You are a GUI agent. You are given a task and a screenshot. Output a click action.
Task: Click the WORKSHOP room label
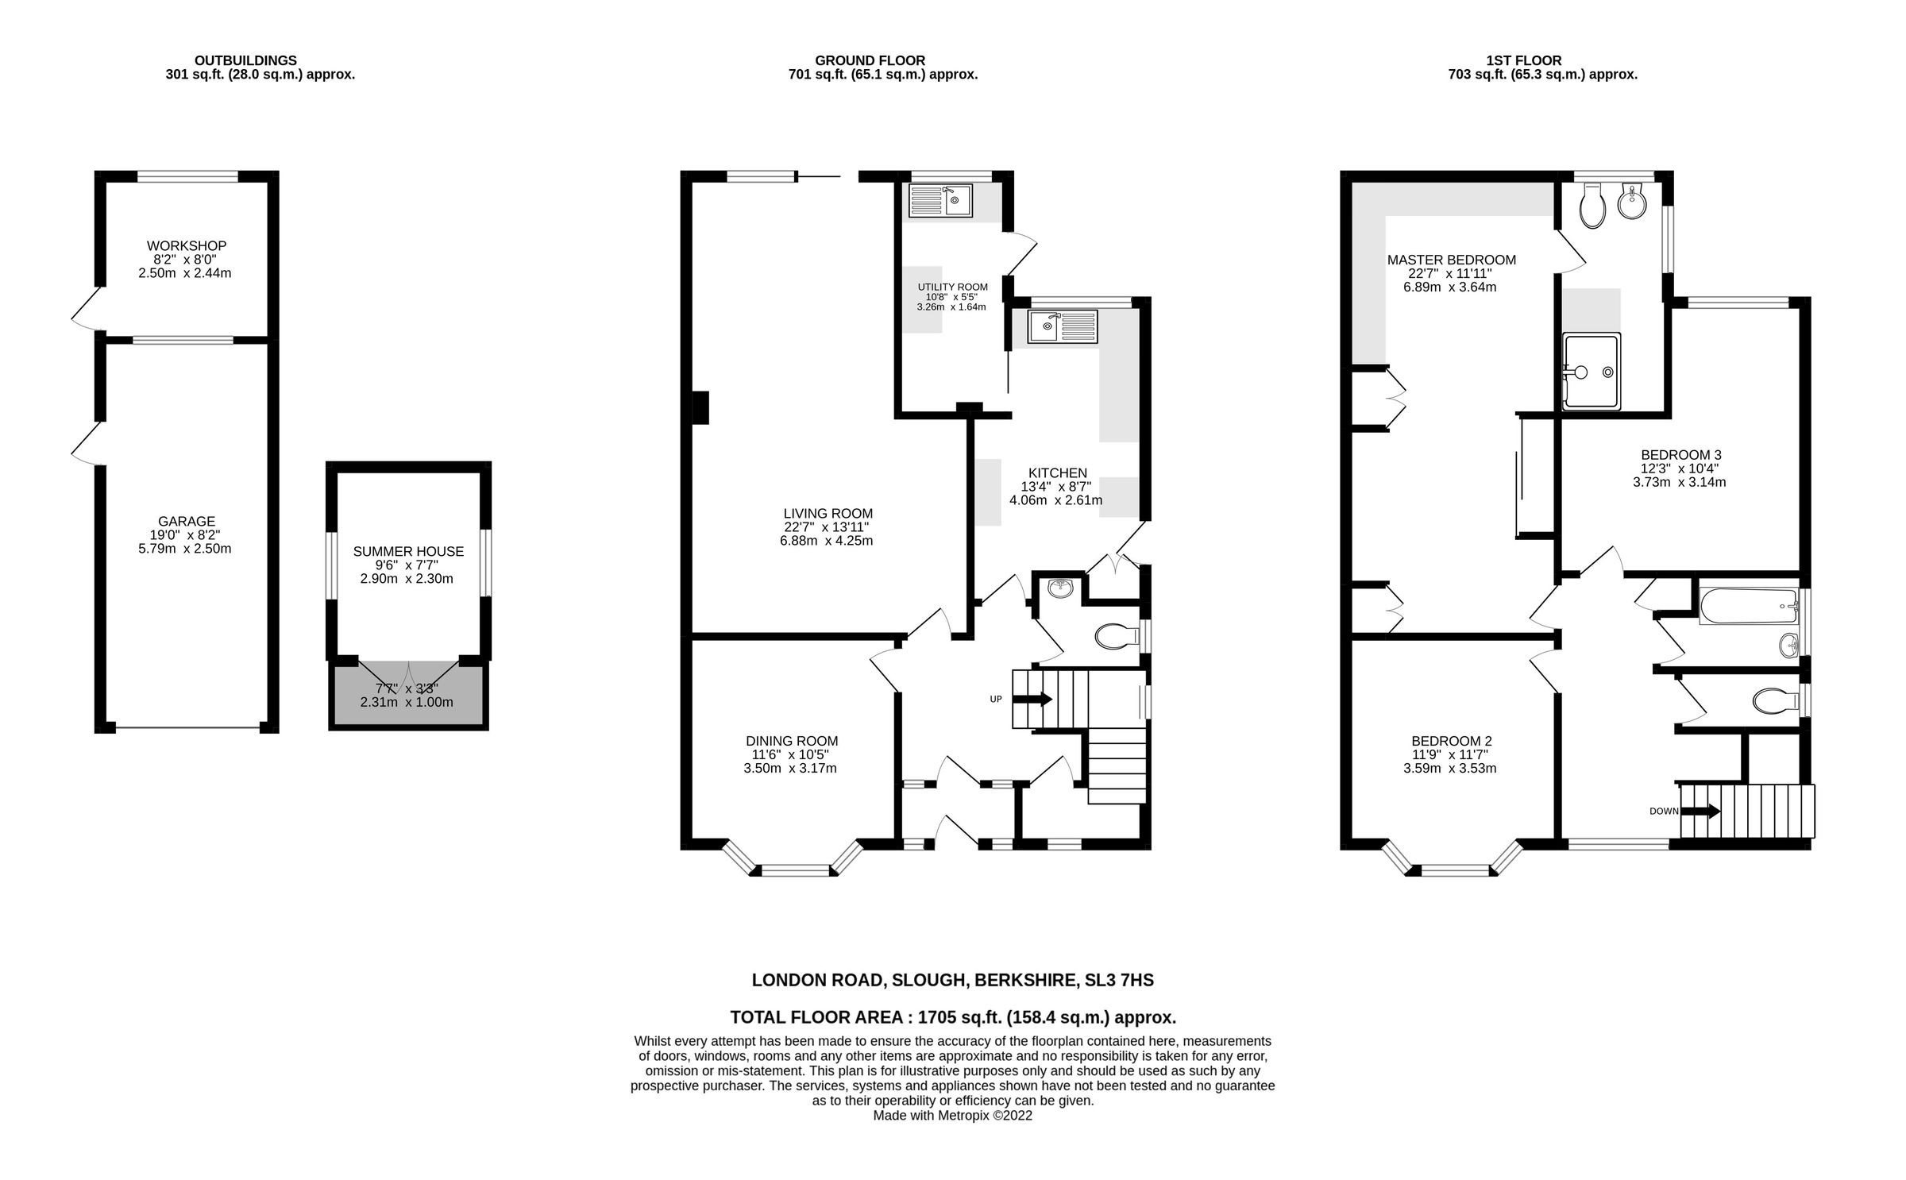pyautogui.click(x=186, y=246)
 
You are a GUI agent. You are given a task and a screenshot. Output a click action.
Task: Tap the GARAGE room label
pyautogui.click(x=186, y=522)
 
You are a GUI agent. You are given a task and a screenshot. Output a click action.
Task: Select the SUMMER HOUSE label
pyautogui.click(x=408, y=551)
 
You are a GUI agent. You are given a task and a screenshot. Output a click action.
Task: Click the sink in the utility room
pyautogui.click(x=940, y=200)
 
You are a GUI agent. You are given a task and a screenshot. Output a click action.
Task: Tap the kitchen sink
pyautogui.click(x=1062, y=326)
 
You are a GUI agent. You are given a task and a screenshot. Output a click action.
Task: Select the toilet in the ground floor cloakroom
pyautogui.click(x=1116, y=635)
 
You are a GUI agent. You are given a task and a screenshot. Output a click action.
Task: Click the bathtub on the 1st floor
pyautogui.click(x=1748, y=607)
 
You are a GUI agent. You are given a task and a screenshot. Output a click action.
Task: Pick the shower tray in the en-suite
pyautogui.click(x=1591, y=371)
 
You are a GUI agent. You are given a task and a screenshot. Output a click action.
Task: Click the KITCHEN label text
pyautogui.click(x=1057, y=473)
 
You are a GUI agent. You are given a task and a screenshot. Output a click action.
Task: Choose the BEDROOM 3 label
pyautogui.click(x=1680, y=455)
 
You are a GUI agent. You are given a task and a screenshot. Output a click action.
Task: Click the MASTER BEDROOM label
pyautogui.click(x=1451, y=260)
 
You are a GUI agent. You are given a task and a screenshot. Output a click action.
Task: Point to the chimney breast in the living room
pyautogui.click(x=700, y=408)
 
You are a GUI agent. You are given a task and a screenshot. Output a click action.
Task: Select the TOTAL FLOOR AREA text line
pyautogui.click(x=952, y=1017)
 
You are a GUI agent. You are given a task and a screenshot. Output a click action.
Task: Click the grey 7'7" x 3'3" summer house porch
pyautogui.click(x=407, y=696)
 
